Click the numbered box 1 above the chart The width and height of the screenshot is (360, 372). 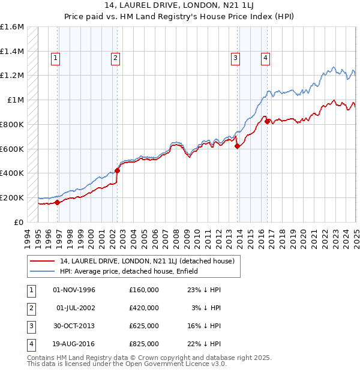coord(55,58)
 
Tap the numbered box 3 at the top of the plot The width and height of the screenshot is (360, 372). coord(236,58)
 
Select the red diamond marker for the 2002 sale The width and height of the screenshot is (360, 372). coord(117,170)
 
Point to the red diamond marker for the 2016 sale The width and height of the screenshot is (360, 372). coord(267,121)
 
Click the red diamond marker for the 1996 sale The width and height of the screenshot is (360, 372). coord(58,202)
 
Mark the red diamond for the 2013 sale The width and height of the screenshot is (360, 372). coord(238,146)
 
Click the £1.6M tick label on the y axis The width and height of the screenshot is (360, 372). coord(12,27)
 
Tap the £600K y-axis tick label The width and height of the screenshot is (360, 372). coord(12,149)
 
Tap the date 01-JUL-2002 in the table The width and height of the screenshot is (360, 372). coord(76,308)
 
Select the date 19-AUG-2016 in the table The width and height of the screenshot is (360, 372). coord(74,344)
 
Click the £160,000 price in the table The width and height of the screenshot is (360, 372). coord(144,290)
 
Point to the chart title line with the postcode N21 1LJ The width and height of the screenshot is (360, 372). coord(180,7)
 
